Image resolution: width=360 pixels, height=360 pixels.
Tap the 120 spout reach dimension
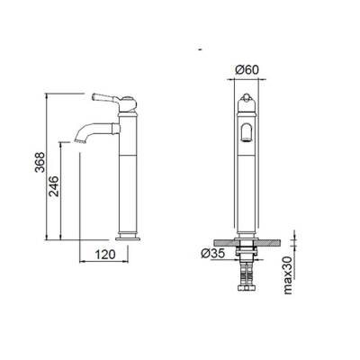(x=107, y=256)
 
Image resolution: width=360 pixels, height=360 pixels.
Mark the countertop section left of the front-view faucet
(x=220, y=244)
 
